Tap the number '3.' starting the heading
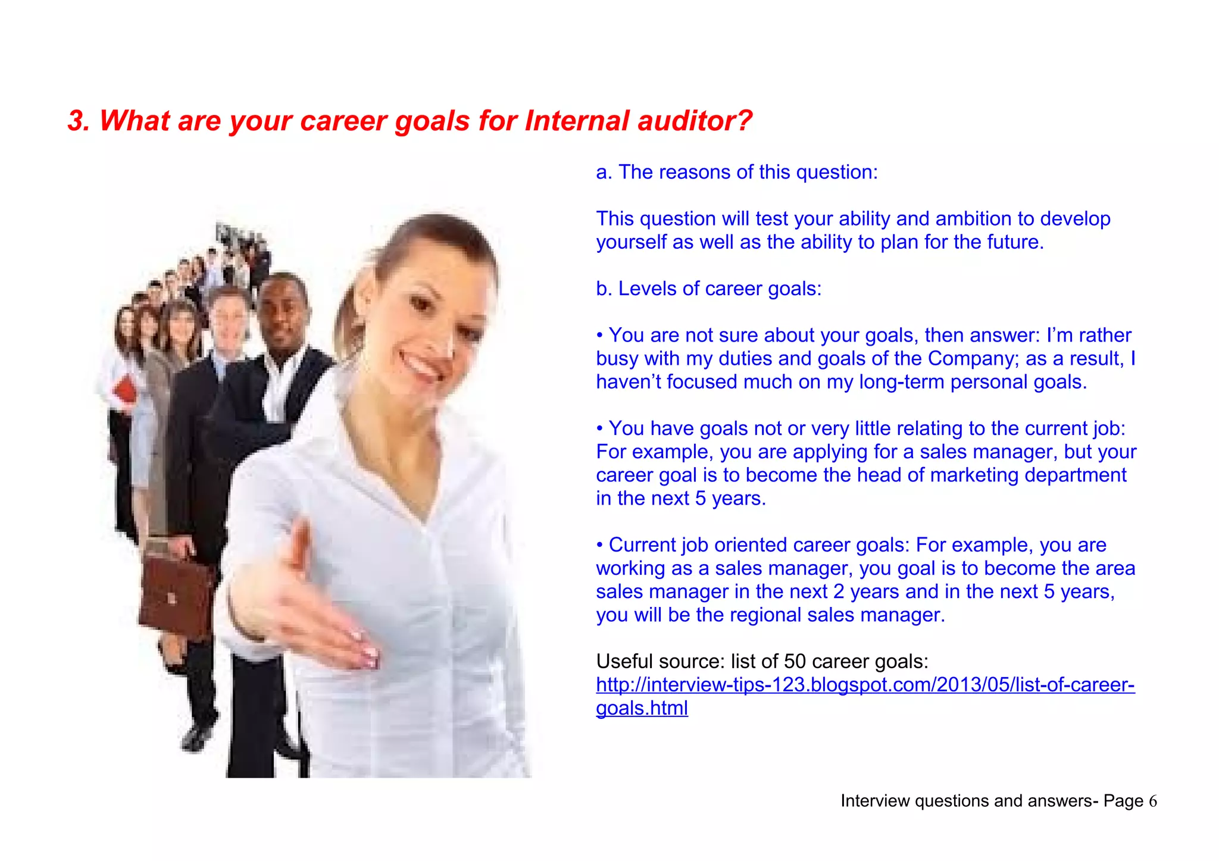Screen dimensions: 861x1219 coord(79,121)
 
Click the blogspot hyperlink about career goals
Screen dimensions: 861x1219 coord(865,685)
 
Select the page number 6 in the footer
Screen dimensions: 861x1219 coord(1153,801)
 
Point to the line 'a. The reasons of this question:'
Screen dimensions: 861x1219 coord(737,172)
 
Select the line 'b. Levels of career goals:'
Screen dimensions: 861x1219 coord(708,289)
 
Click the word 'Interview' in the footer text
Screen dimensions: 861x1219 coord(874,801)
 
